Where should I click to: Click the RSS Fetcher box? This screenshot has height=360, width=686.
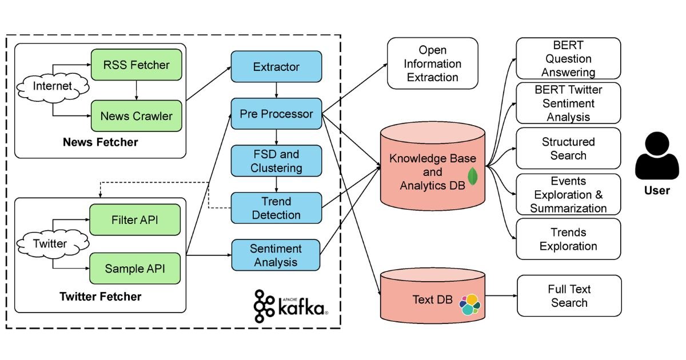pos(136,65)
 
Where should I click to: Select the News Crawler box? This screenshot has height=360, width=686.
pos(136,116)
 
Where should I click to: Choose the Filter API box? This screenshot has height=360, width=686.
pos(135,220)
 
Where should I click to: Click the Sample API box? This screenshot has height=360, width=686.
pos(135,268)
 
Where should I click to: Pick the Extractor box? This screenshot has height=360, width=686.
pos(276,67)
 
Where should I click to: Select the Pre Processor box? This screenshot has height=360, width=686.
pos(276,114)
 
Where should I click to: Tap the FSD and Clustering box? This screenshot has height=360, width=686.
pos(276,161)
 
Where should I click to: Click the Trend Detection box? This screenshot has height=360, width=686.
pos(276,208)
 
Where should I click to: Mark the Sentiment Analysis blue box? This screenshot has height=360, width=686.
pos(276,255)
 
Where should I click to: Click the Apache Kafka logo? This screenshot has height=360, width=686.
pos(292,304)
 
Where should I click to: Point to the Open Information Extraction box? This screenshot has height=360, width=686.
pos(432,63)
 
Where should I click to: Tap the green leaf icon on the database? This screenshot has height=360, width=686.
pos(473,176)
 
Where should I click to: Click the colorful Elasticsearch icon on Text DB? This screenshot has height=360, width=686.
pos(470,305)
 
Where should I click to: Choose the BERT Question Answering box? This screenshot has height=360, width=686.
pos(568,58)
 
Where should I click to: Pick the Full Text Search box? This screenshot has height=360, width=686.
pos(569,295)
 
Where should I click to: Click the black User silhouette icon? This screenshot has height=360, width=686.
pos(656,158)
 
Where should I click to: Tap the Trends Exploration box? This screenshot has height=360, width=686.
pos(568,239)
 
